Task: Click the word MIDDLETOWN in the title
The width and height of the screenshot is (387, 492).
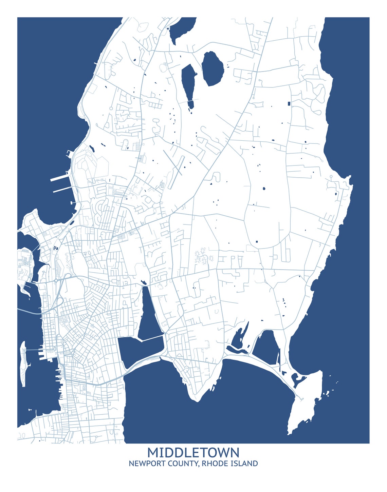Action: pos(193,452)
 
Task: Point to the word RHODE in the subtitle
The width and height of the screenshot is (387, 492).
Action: pos(214,464)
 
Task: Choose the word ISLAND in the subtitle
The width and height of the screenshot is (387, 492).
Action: pos(243,464)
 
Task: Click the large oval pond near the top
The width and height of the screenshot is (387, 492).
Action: pos(213,68)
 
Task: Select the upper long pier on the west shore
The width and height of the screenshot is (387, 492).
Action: pos(60,177)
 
